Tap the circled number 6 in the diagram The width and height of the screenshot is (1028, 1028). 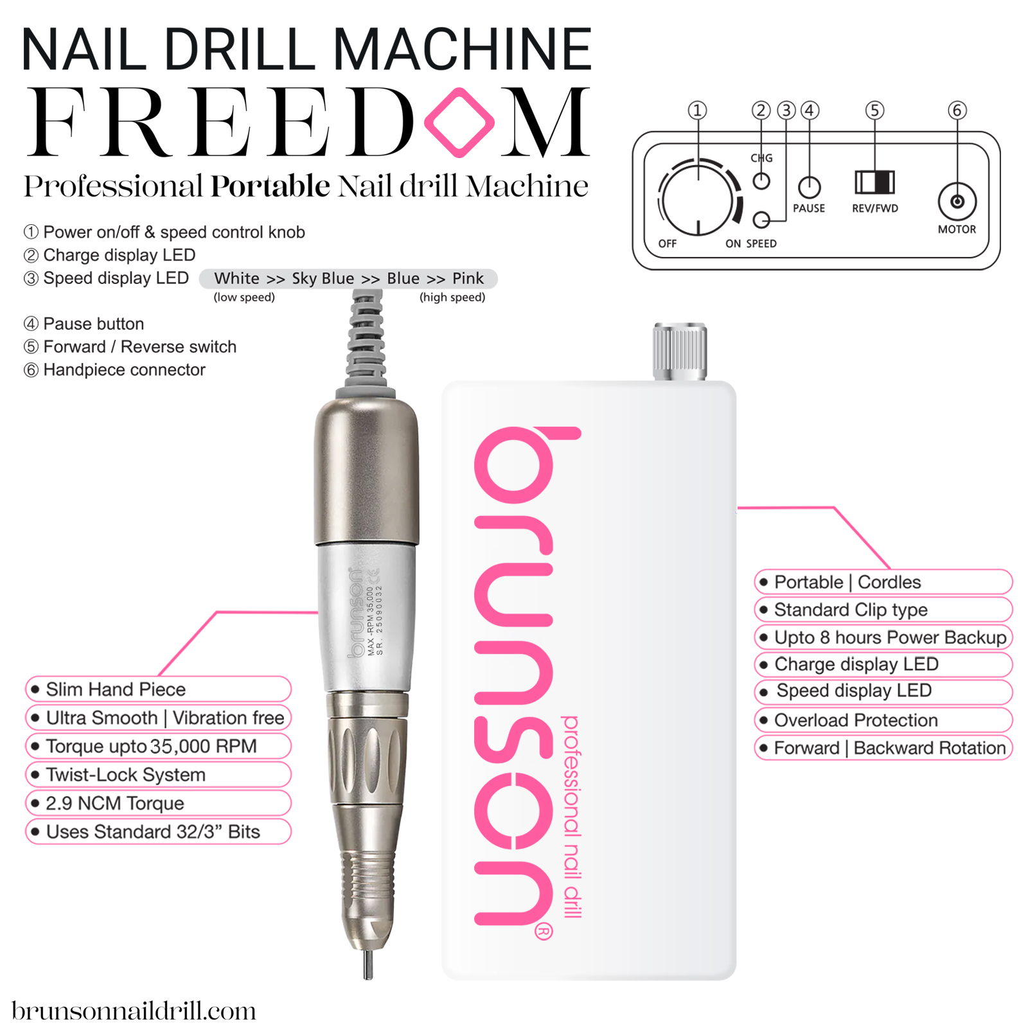pyautogui.click(x=957, y=111)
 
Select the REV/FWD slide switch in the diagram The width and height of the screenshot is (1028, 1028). pyautogui.click(x=874, y=182)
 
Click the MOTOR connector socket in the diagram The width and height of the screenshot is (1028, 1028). pyautogui.click(x=957, y=202)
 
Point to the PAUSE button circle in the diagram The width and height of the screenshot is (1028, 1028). pyautogui.click(x=809, y=187)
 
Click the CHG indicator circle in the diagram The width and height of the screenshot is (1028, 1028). pyautogui.click(x=761, y=181)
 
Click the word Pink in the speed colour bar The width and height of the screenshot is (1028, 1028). pyautogui.click(x=468, y=278)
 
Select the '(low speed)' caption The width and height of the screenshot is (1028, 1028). pyautogui.click(x=244, y=297)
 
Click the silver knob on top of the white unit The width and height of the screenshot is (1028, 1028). pyautogui.click(x=680, y=351)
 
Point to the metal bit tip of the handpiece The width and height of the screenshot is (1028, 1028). pyautogui.click(x=368, y=964)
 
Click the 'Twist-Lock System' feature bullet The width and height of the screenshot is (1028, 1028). pyautogui.click(x=126, y=775)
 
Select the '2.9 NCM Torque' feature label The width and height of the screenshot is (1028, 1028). pyautogui.click(x=115, y=803)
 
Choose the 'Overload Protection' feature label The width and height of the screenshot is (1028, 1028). pyautogui.click(x=856, y=720)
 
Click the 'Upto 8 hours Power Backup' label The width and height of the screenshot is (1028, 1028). pyautogui.click(x=890, y=637)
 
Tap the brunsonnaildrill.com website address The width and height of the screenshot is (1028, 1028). pyautogui.click(x=134, y=1011)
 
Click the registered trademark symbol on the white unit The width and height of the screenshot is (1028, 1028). pyautogui.click(x=544, y=932)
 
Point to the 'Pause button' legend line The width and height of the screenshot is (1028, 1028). pyautogui.click(x=93, y=324)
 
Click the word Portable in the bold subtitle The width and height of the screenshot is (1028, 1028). pyautogui.click(x=270, y=186)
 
